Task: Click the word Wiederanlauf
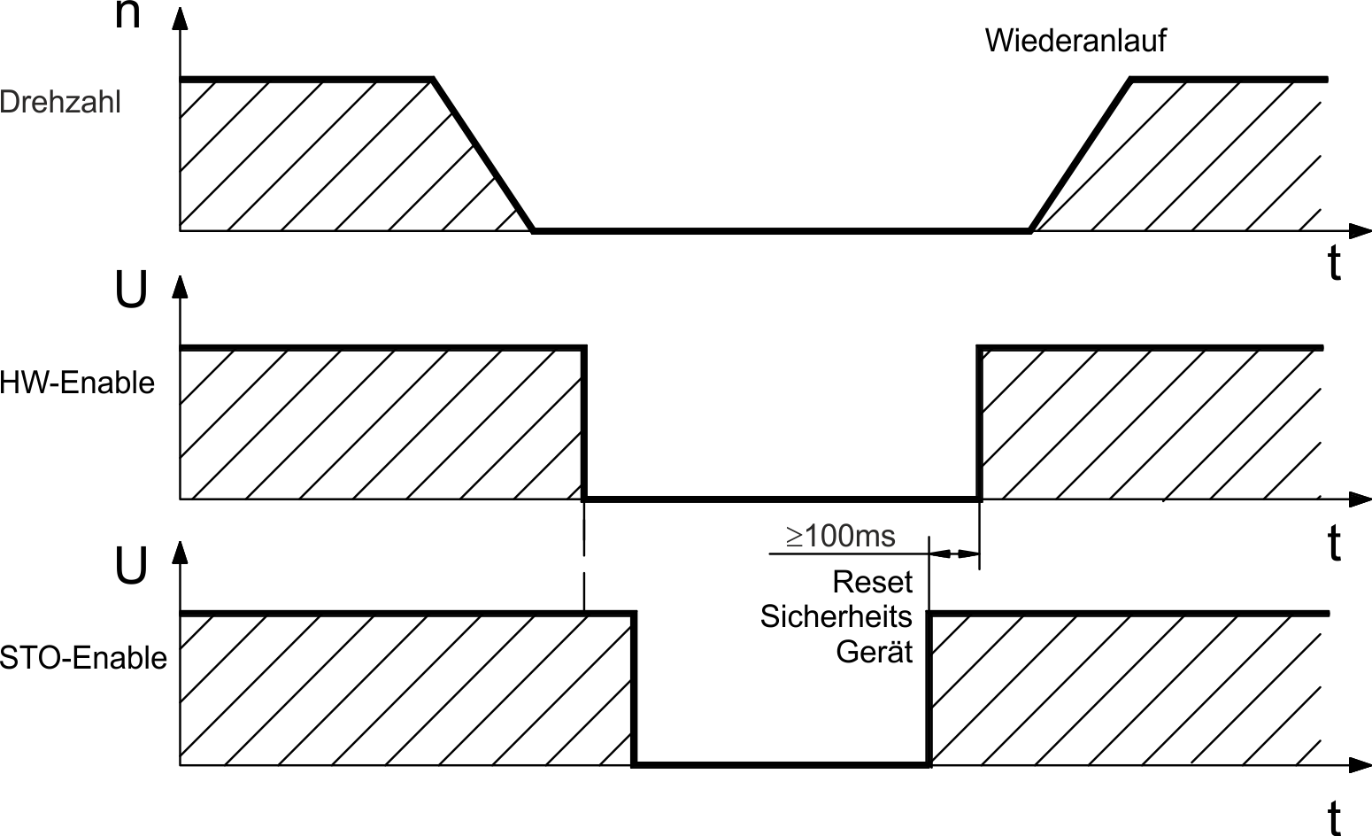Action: coord(1075,41)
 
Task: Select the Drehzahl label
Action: coord(60,102)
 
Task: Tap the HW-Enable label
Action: coord(77,383)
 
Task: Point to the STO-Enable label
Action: coord(83,658)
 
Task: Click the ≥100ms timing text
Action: coord(840,536)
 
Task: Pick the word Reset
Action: coord(872,582)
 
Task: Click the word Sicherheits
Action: coord(836,616)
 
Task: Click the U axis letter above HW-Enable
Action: coord(131,290)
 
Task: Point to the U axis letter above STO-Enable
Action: coord(131,564)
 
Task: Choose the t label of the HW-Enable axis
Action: coord(1334,543)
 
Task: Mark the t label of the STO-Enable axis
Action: coord(1334,817)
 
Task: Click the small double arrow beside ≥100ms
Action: coord(953,554)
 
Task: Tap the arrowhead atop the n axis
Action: coord(180,19)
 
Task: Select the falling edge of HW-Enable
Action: coord(583,423)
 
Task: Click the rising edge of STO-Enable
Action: coord(929,689)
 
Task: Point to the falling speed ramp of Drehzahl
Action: coord(482,155)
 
